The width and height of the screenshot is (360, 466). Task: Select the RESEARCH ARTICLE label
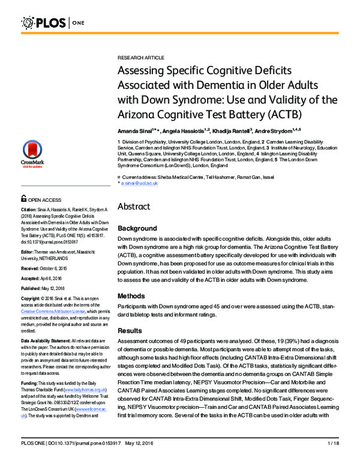click(x=140, y=57)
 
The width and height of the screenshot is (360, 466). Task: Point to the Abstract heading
click(x=137, y=206)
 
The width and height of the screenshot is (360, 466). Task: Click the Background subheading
click(x=137, y=229)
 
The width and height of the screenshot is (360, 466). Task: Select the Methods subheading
click(x=132, y=295)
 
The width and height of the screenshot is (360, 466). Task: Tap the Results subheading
click(x=130, y=331)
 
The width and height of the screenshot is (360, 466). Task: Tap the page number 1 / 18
click(x=334, y=459)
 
